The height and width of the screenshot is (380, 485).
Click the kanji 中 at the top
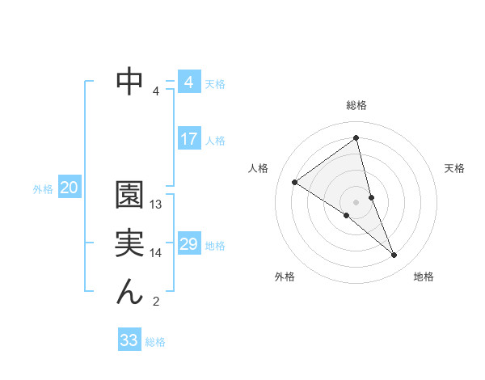pos(130,81)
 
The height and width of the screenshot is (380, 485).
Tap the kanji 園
pos(129,194)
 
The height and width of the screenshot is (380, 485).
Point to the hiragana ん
pos(129,292)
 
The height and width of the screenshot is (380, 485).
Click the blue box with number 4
pos(188,82)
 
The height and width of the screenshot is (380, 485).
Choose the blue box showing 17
pos(188,139)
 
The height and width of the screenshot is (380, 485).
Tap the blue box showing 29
pos(188,244)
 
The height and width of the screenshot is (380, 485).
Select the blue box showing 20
pos(70,188)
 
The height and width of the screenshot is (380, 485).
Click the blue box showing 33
pos(129,340)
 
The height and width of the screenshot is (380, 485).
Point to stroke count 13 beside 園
pos(157,205)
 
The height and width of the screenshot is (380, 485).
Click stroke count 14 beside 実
pos(157,253)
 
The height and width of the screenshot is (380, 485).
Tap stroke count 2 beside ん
pos(156,302)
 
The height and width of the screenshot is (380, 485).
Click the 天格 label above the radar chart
pos(454,168)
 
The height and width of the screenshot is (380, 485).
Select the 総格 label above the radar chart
pos(356,105)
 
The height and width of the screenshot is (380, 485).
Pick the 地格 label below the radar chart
pos(424,277)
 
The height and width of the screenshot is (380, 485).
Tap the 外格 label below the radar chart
pos(285,277)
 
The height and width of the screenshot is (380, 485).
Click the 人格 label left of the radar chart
pos(258,168)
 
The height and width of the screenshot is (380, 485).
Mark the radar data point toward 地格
pos(394,255)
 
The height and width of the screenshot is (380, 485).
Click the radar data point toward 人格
pos(294,182)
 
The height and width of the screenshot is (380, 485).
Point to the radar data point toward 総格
pos(356,138)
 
